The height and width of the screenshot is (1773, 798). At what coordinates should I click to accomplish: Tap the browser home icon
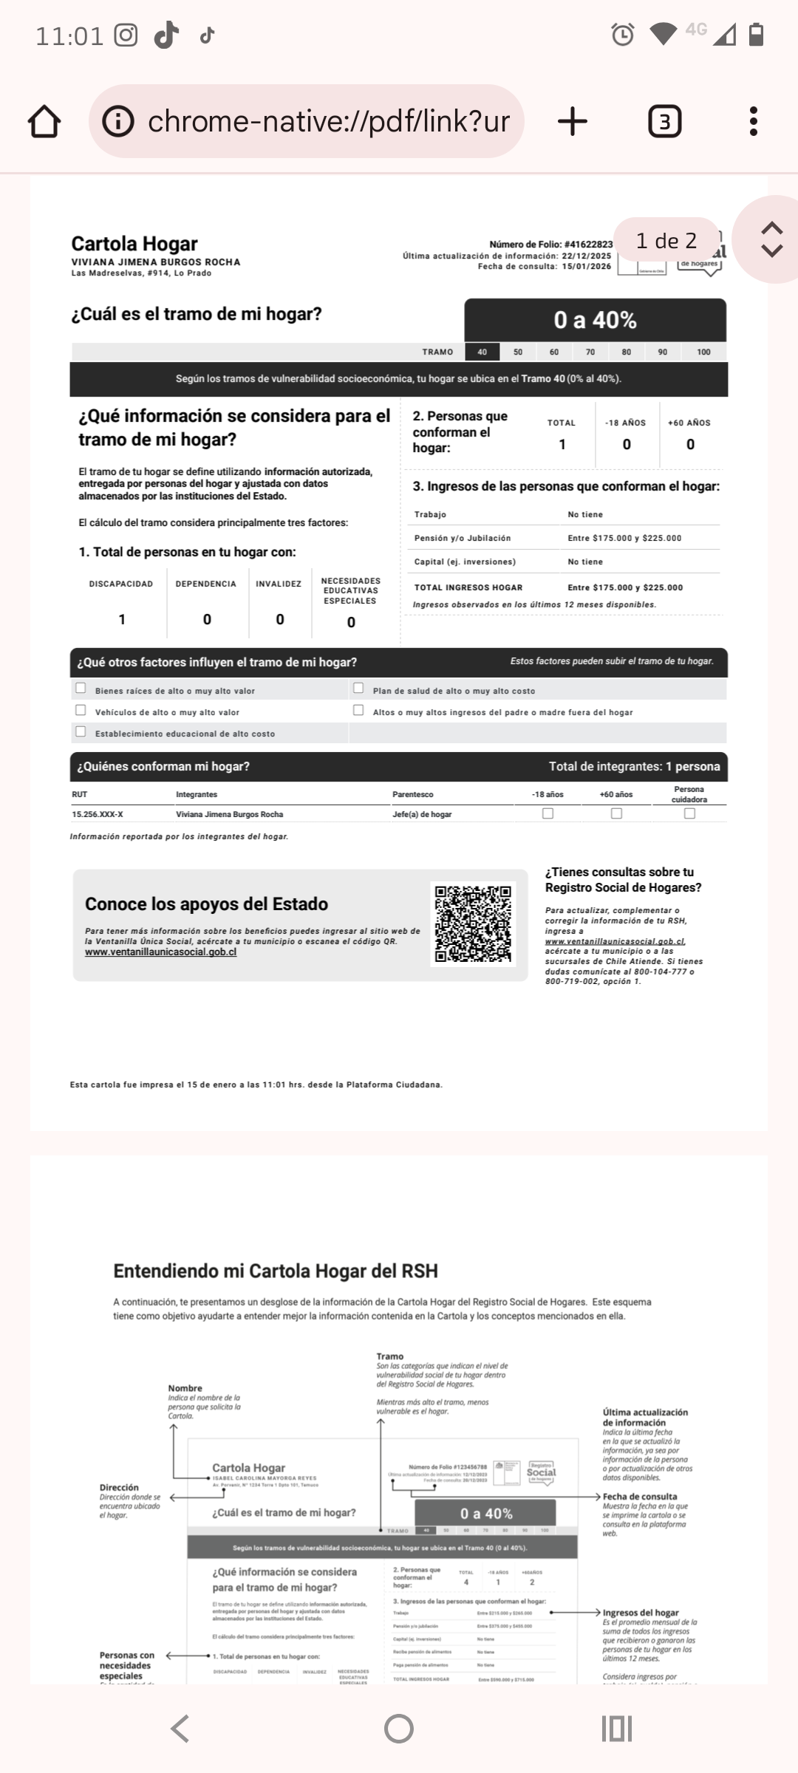(x=44, y=121)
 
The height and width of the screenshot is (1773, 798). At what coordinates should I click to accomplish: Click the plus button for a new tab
(x=573, y=121)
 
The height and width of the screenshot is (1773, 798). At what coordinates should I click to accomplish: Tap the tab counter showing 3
(x=664, y=121)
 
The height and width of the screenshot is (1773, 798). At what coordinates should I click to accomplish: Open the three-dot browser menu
(x=753, y=121)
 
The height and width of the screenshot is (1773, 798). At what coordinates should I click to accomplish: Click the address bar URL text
(x=328, y=121)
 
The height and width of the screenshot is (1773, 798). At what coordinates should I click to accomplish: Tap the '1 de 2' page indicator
(x=666, y=241)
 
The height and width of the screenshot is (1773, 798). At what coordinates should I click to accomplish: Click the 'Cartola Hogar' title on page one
(x=134, y=244)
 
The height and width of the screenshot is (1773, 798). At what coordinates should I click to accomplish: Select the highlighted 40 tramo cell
(x=482, y=352)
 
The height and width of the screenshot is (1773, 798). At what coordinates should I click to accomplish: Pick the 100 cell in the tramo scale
(x=703, y=352)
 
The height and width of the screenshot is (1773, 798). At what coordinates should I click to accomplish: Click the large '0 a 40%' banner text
(x=595, y=321)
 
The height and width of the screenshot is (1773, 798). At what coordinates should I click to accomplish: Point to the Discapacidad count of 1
(x=122, y=619)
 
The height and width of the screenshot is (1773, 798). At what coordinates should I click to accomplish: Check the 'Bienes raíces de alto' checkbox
(x=81, y=689)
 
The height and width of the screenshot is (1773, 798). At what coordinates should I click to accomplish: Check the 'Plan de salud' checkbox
(x=358, y=689)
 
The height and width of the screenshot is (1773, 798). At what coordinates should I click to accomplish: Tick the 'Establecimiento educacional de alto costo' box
(x=81, y=732)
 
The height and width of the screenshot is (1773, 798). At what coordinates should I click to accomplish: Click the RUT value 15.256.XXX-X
(x=98, y=815)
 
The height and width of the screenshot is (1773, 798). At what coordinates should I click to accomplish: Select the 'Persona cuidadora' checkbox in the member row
(x=689, y=813)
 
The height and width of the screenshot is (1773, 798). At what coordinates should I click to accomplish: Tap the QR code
(x=473, y=924)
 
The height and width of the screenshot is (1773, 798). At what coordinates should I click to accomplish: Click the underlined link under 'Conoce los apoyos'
(x=160, y=952)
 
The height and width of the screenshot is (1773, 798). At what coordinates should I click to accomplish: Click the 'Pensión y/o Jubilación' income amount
(x=624, y=539)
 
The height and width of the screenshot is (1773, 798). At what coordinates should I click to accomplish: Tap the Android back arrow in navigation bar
(x=180, y=1729)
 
